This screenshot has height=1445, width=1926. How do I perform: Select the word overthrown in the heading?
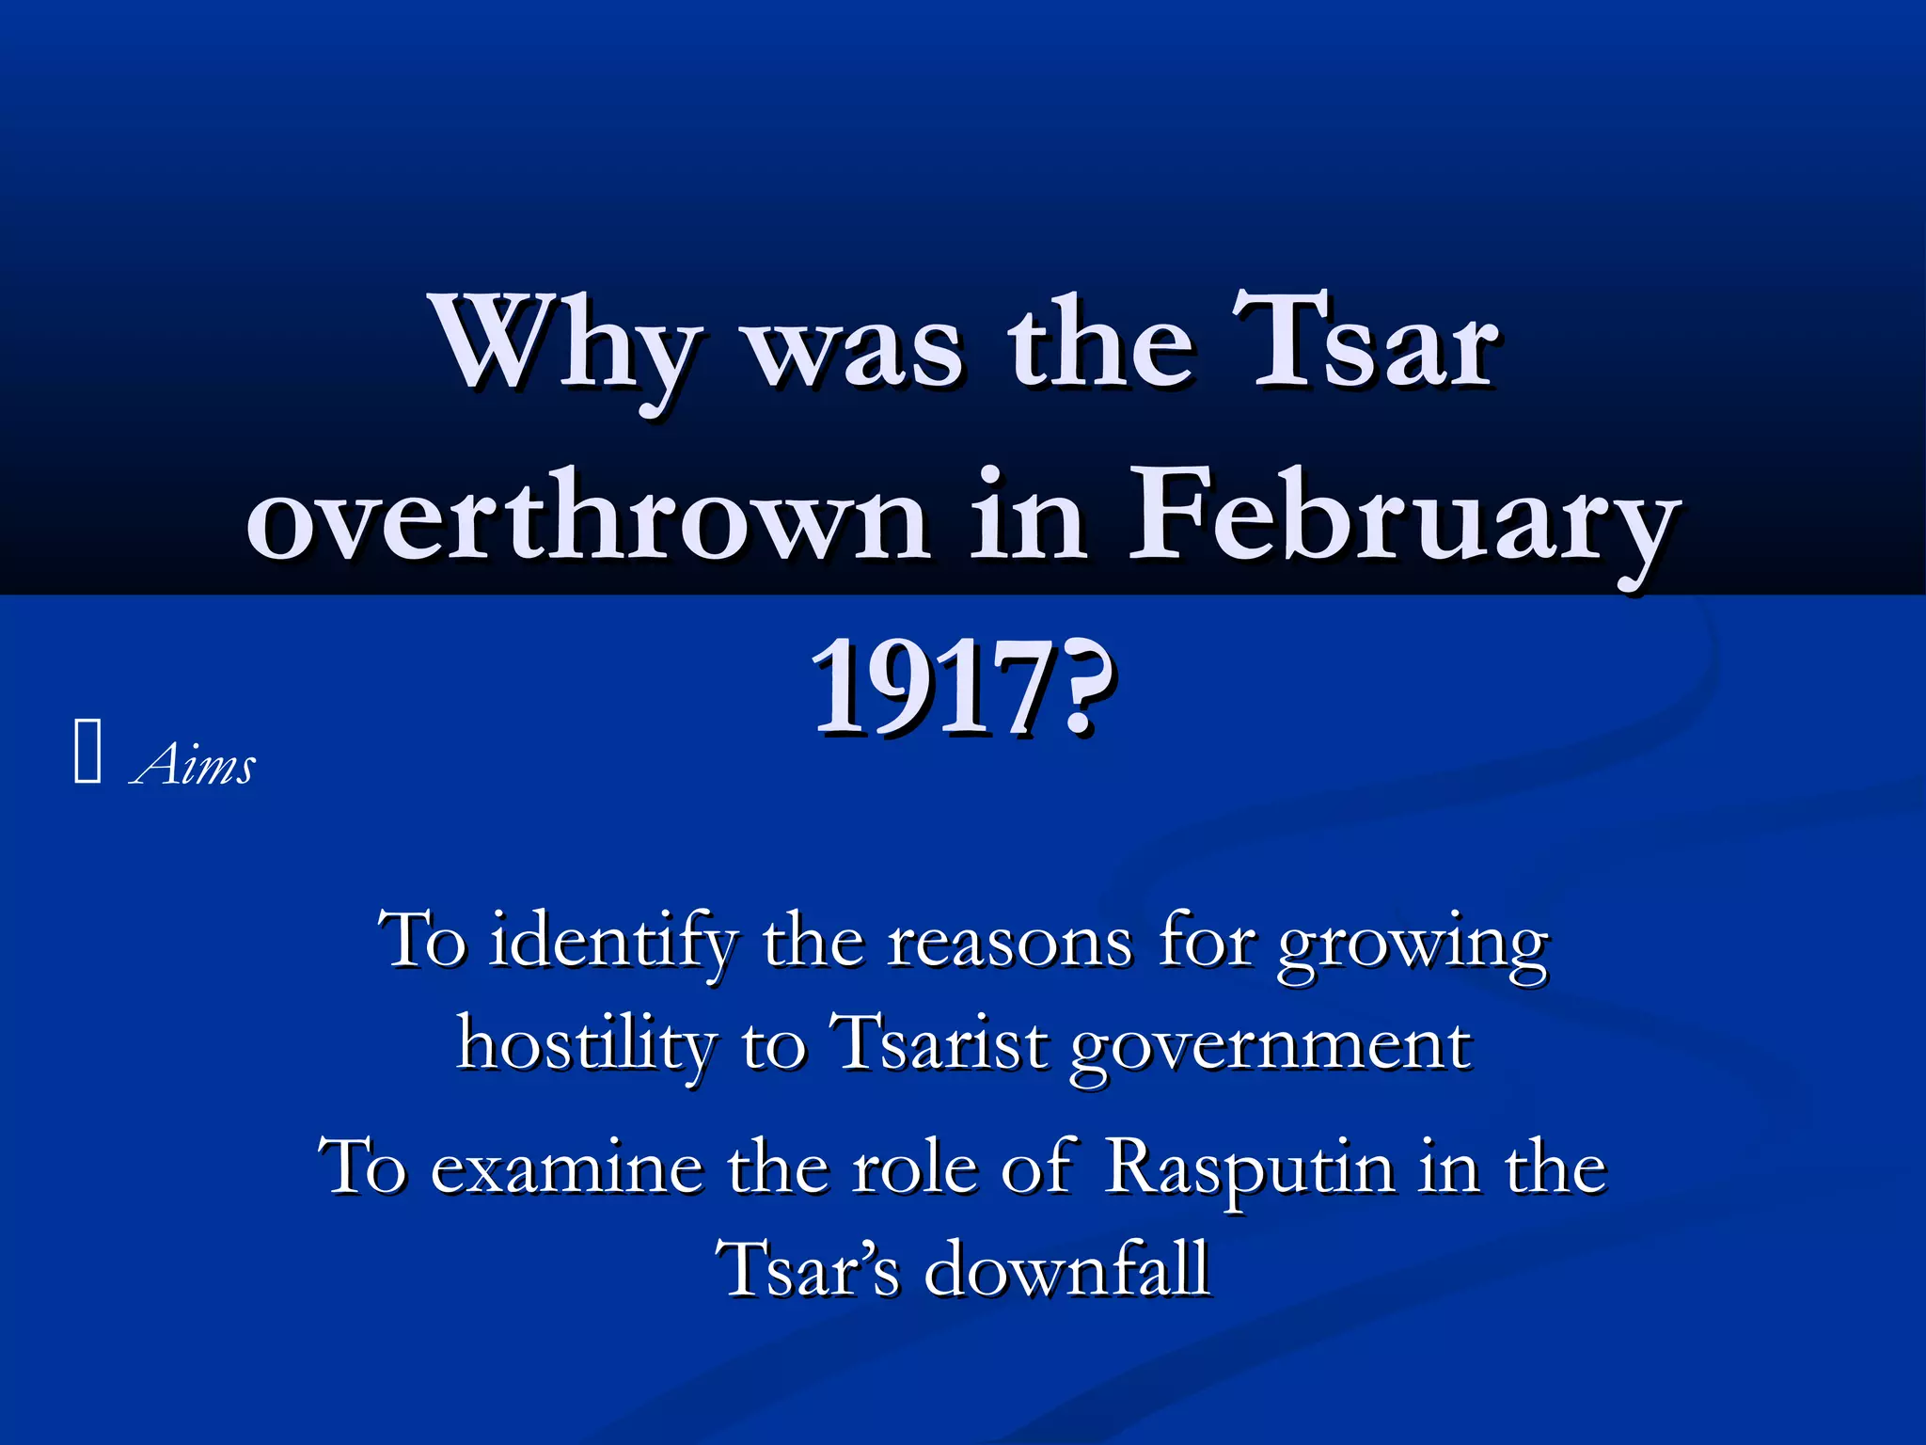point(587,517)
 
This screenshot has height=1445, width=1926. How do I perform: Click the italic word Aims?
point(194,763)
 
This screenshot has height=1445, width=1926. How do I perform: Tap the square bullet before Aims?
point(87,750)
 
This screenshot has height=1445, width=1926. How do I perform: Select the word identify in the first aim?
point(613,942)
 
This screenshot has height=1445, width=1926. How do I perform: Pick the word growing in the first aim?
point(1412,945)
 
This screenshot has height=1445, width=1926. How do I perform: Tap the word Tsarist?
point(939,1043)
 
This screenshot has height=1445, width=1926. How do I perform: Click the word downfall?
point(1066,1269)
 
